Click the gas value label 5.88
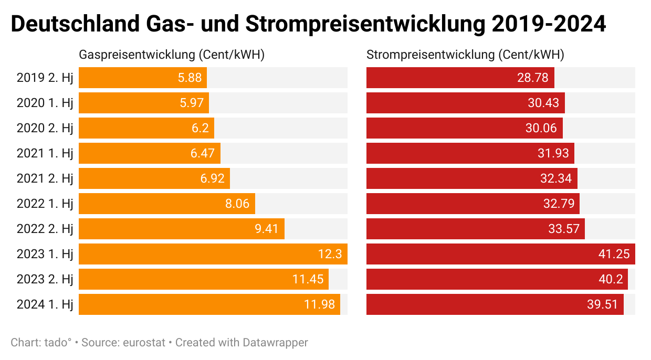(x=190, y=78)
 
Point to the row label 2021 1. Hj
(x=45, y=153)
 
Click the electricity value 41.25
(x=615, y=254)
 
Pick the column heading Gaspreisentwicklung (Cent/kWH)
(x=171, y=55)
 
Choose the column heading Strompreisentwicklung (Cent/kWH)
(x=465, y=55)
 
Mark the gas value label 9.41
(x=266, y=229)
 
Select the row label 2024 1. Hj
(x=45, y=304)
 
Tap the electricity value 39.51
(x=603, y=304)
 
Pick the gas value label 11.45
(x=308, y=279)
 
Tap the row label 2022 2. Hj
(x=45, y=229)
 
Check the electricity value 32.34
(x=556, y=178)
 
